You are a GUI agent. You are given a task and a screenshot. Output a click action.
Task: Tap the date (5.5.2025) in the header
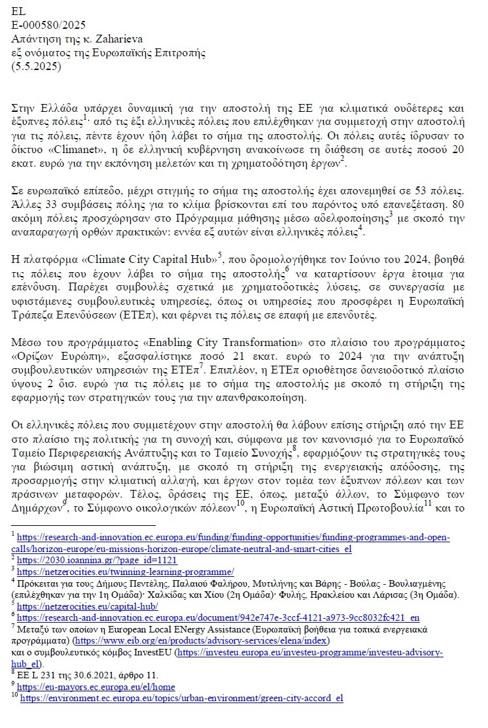coord(35,67)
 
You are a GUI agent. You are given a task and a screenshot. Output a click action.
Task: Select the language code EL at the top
coord(18,11)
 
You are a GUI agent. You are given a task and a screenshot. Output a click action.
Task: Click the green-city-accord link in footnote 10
coord(181,699)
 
